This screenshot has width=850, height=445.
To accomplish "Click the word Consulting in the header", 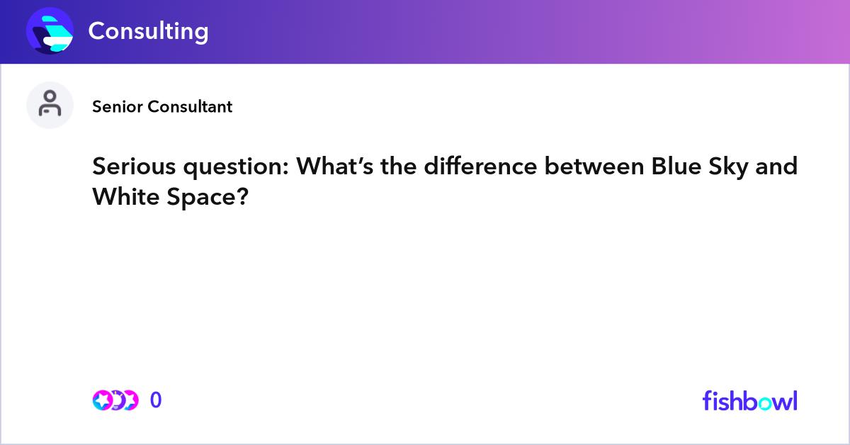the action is pos(148,31).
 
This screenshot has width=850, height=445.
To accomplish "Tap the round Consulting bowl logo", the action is pos(50,30).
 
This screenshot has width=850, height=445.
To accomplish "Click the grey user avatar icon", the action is pos(50,105).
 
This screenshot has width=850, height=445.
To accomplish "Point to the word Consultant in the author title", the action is pos(190,107).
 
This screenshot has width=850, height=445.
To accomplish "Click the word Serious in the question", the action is pos(135,167).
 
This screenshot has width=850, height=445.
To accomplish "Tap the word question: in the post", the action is pos(237,167).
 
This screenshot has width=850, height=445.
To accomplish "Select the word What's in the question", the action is pos(335,167).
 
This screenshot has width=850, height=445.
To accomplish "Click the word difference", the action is pos(481,167).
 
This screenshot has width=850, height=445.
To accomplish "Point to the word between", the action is pos(594,167).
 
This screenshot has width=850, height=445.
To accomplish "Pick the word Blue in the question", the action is pos(676,167).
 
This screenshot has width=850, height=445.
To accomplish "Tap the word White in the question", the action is pos(126,197).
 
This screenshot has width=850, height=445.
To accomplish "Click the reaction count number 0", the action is pos(156,400).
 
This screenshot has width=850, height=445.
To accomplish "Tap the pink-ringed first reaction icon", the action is pos(103,400).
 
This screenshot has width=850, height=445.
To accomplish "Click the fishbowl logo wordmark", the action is pos(750,400).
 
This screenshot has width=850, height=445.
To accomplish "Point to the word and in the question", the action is pos(777,167).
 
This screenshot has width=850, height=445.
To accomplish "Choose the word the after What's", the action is pos(399,167).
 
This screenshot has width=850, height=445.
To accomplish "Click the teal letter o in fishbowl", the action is pos(764,403).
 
